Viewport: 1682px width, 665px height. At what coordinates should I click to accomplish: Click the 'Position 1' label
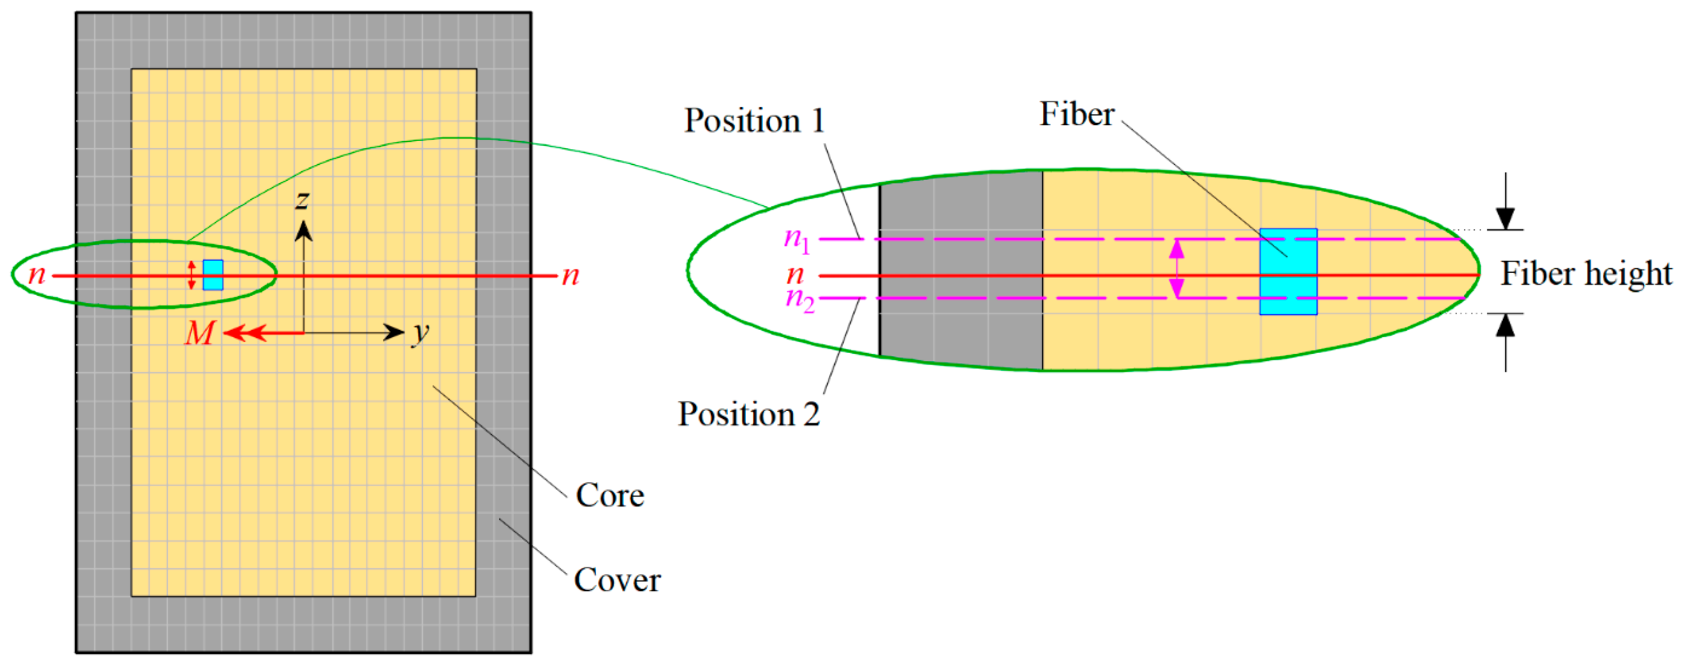coord(754,121)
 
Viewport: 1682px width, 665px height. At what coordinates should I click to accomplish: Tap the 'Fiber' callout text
coord(1076,114)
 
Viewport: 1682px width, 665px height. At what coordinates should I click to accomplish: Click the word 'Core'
coord(609,495)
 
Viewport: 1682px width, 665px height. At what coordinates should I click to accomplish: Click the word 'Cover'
coord(616,580)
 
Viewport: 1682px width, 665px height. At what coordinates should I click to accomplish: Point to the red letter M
coord(199,333)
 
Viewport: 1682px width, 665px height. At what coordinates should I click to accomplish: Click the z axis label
coord(302,200)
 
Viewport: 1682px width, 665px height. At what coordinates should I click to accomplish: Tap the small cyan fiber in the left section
coord(213,275)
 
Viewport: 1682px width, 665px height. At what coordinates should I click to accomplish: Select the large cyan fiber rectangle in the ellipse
coord(1288,272)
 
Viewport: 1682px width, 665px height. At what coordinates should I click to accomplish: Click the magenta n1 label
coord(796,240)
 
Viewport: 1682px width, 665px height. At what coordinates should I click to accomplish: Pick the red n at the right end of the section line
coord(570,276)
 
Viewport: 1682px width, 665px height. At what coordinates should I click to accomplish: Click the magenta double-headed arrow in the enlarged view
coord(1177,268)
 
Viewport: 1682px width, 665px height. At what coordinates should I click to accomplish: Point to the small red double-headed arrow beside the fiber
coord(192,275)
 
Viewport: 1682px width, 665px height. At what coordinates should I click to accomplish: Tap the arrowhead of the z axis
coord(303,230)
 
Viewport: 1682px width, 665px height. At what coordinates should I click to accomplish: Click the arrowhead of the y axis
coord(394,333)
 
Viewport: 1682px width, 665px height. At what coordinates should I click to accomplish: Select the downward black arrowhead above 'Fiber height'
coord(1505,219)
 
